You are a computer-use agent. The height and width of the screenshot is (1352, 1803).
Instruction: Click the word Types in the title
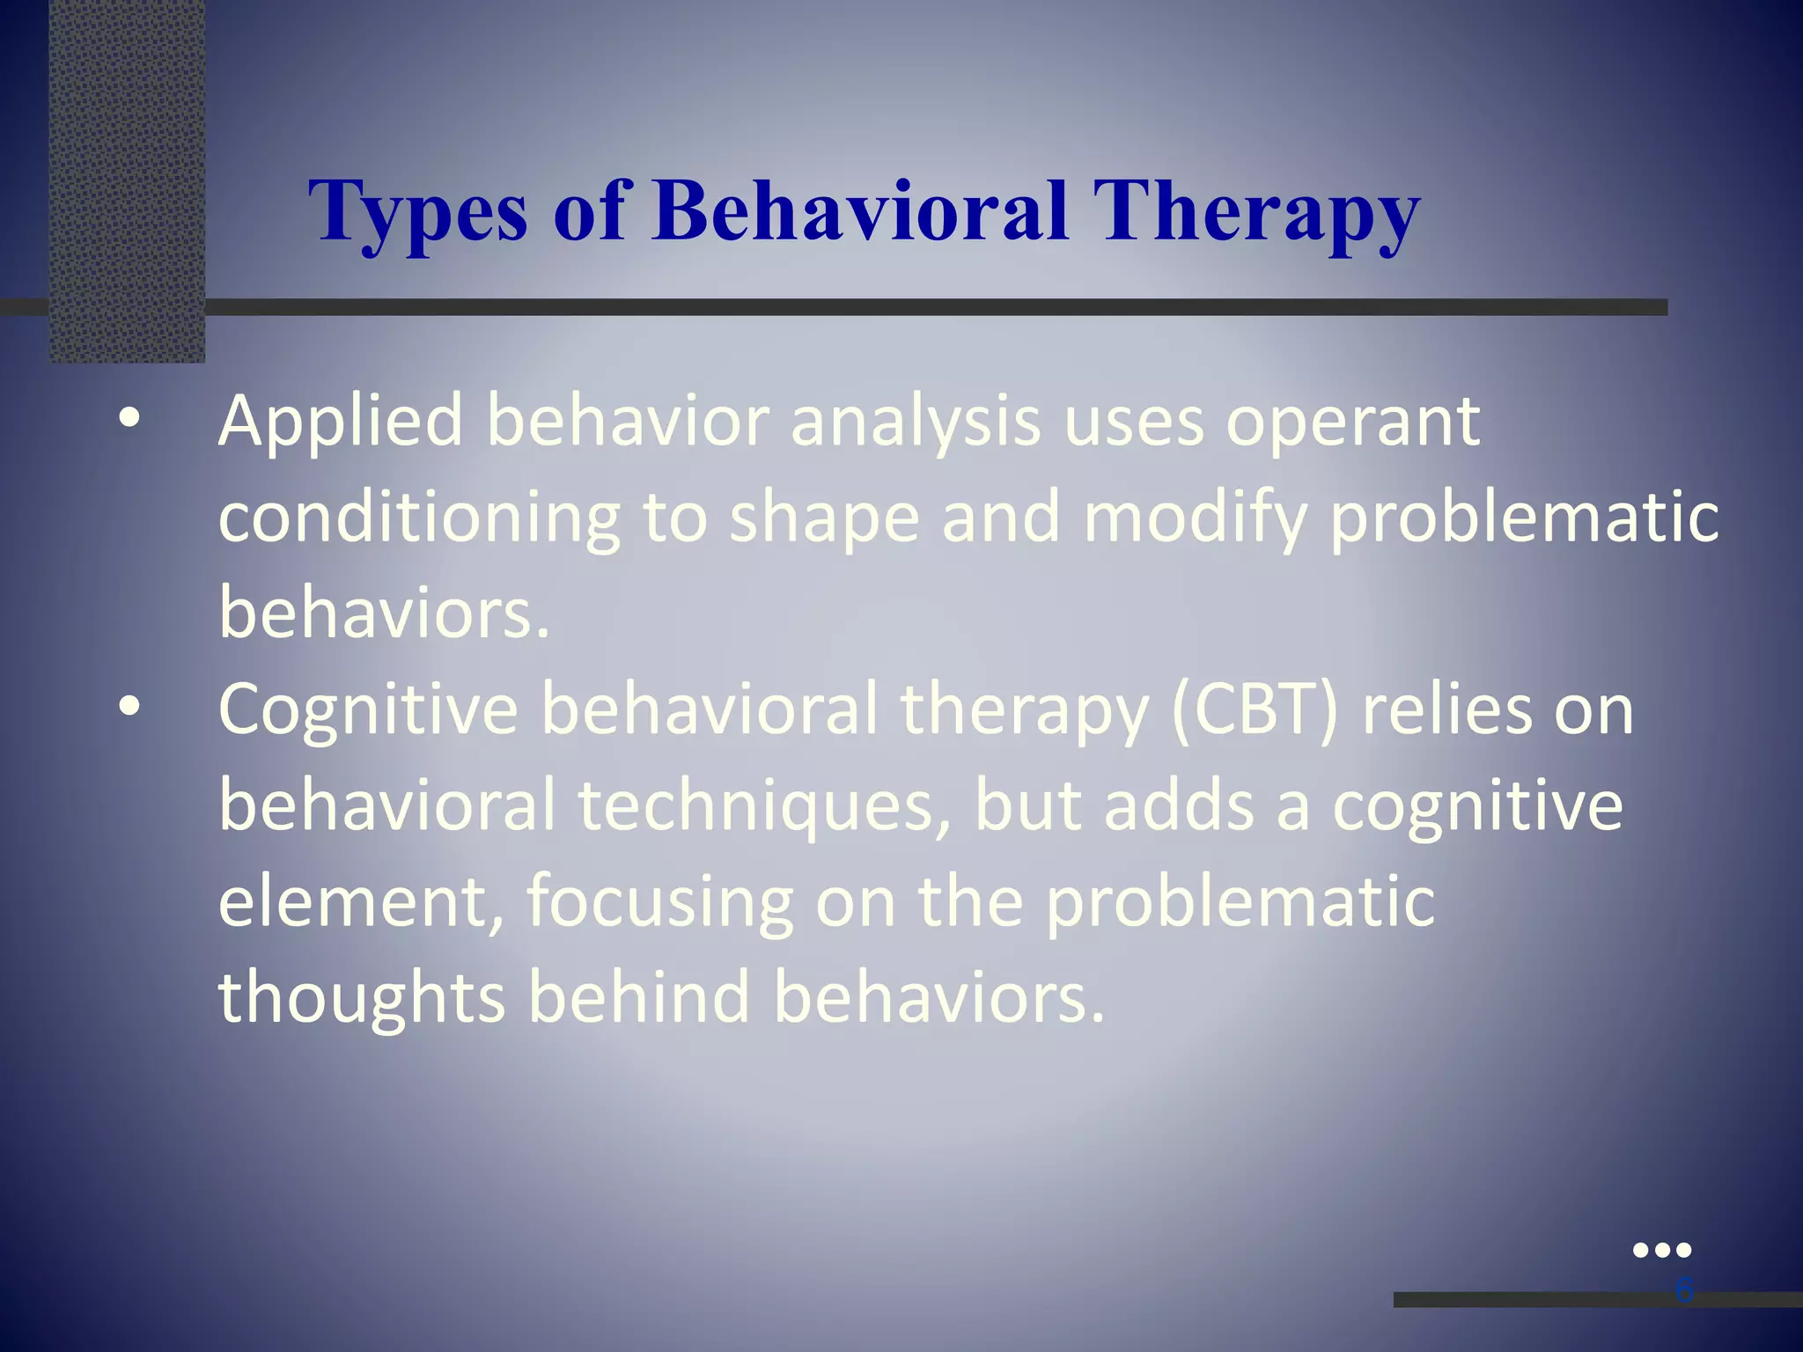418,213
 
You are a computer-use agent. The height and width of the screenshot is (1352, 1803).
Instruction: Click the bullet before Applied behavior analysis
129,420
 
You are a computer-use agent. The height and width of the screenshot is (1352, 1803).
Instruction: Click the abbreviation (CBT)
1255,709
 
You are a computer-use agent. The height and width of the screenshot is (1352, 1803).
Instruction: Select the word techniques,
765,806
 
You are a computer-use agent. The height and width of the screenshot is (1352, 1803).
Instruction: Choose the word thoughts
361,998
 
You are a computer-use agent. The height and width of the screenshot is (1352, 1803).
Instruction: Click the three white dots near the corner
1661,1250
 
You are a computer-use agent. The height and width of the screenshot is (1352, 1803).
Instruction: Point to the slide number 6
1683,1290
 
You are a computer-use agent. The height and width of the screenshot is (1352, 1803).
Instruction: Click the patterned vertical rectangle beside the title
128,180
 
